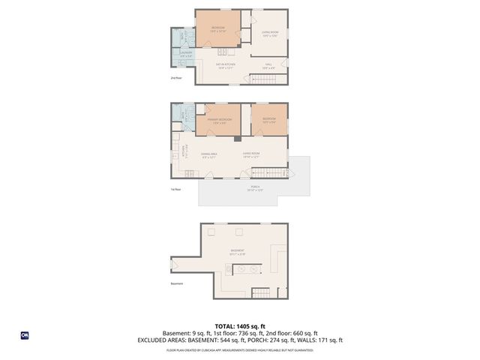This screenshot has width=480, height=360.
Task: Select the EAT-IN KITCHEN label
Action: click(x=226, y=66)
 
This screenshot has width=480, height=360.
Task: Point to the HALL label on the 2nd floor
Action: click(x=268, y=66)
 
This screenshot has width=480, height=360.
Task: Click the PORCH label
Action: click(x=255, y=189)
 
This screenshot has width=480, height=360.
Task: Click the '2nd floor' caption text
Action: click(x=175, y=77)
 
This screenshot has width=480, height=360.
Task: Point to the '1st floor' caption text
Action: click(x=175, y=189)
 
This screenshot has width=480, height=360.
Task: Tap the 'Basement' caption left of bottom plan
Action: click(x=177, y=283)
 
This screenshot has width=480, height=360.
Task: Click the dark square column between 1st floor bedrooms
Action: click(x=237, y=138)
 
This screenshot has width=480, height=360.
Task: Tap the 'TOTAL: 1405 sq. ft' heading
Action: click(x=240, y=326)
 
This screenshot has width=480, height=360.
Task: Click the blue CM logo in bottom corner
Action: click(x=24, y=335)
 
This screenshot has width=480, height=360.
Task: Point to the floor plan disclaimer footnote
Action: click(x=240, y=349)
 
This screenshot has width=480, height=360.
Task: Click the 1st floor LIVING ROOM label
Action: click(x=250, y=155)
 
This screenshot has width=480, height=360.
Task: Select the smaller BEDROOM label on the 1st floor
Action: click(x=268, y=120)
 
